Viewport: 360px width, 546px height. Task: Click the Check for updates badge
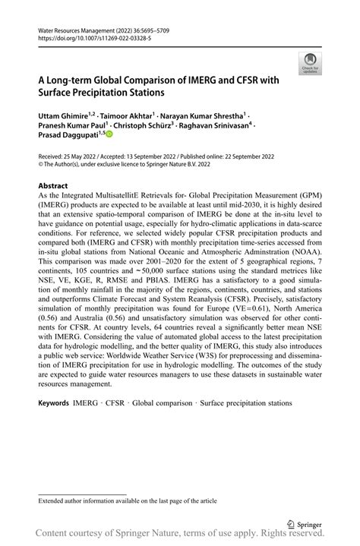(310, 63)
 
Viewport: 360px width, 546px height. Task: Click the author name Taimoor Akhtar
(128, 114)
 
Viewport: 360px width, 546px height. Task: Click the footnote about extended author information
(121, 501)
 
